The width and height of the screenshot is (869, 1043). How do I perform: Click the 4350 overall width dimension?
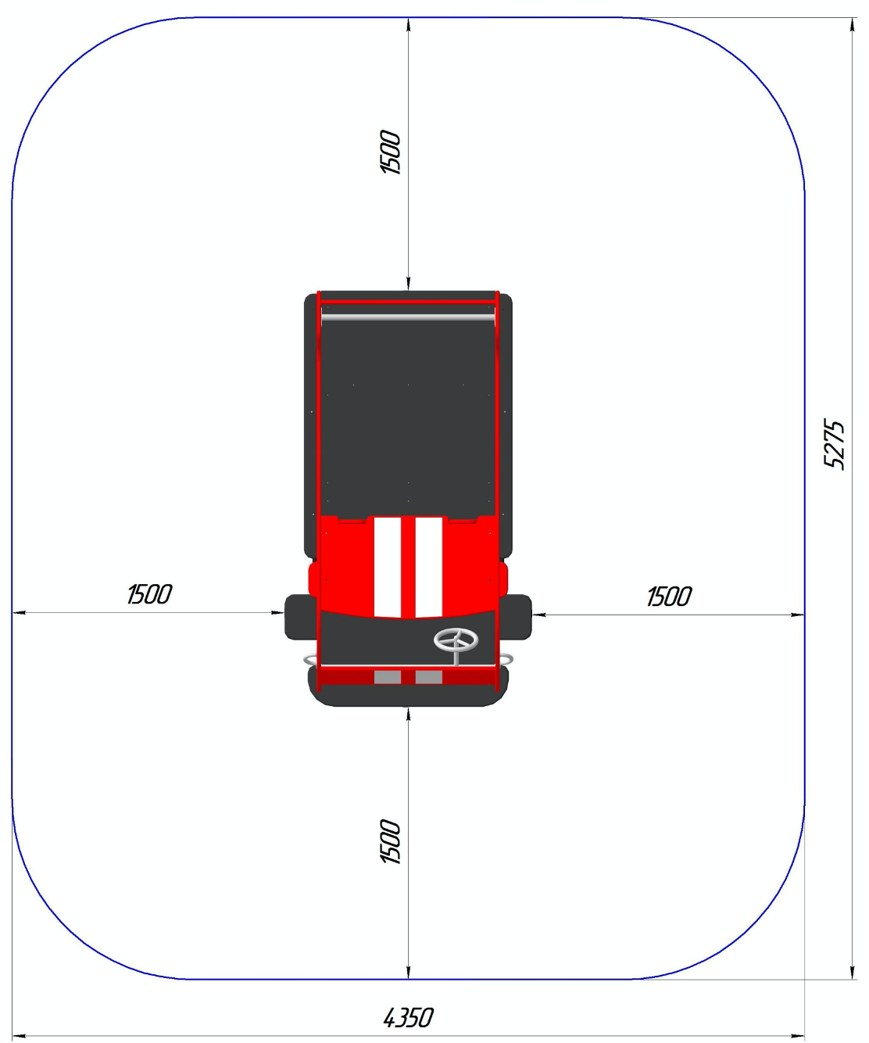(408, 1017)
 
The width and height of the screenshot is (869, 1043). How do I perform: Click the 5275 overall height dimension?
(834, 445)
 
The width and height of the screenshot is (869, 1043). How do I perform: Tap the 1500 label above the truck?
(390, 152)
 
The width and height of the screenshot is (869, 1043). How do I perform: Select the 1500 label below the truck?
(390, 842)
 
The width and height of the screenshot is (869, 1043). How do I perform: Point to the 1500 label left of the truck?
(149, 594)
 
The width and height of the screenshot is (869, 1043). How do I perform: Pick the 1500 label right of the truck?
(669, 597)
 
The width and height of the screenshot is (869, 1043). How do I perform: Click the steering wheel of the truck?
(456, 641)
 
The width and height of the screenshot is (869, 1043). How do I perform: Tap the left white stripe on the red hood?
(387, 567)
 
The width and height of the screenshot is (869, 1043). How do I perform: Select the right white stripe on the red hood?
(428, 567)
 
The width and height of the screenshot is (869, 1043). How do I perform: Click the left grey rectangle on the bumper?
(387, 677)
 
